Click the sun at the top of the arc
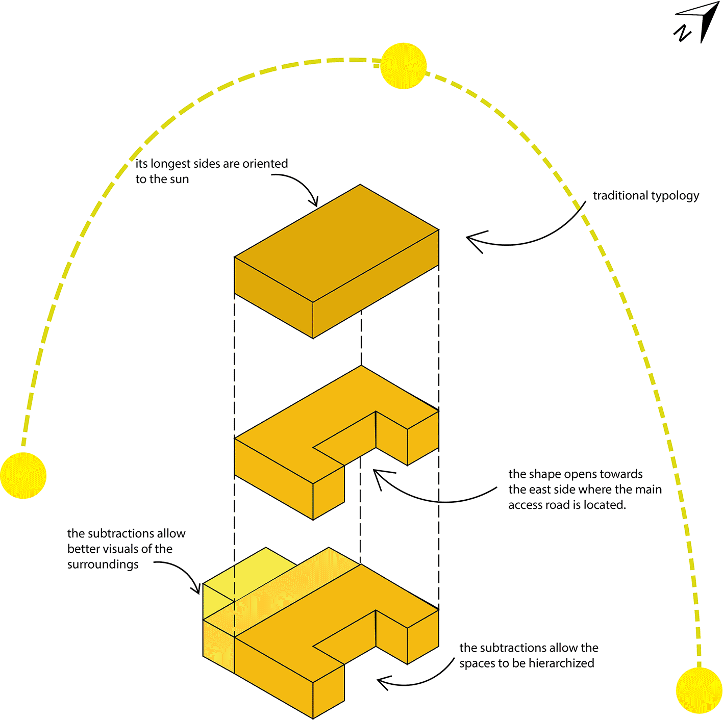[403, 66]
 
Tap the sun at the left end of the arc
[23, 475]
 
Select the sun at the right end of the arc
[699, 690]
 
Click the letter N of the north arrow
[682, 33]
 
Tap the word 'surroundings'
[103, 565]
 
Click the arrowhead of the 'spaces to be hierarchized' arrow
[380, 681]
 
